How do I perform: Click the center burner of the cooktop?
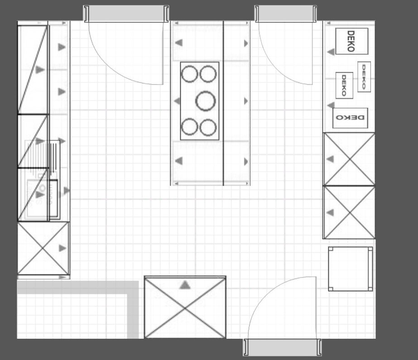coord(205,101)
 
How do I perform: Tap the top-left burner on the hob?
coord(190,74)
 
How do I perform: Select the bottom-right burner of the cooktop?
coord(208,127)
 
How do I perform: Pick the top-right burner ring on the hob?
coord(208,74)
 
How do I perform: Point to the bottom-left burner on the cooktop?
coord(190,127)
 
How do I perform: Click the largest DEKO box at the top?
coord(351,41)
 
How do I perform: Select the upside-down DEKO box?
coord(350,118)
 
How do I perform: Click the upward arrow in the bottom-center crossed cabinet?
coord(185,285)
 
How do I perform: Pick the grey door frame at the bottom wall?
coord(282,347)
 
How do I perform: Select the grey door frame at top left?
coord(126,14)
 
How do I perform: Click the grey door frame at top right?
coord(286,14)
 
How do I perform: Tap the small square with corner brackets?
coord(350,269)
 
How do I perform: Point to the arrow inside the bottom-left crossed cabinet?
coord(62,248)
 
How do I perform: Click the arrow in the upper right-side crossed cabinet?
coord(330,159)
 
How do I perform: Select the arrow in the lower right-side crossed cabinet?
coord(330,213)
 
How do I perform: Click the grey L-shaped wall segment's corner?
coord(133,287)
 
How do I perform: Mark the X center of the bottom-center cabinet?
coord(185,308)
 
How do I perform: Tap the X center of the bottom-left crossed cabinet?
coord(43,249)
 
